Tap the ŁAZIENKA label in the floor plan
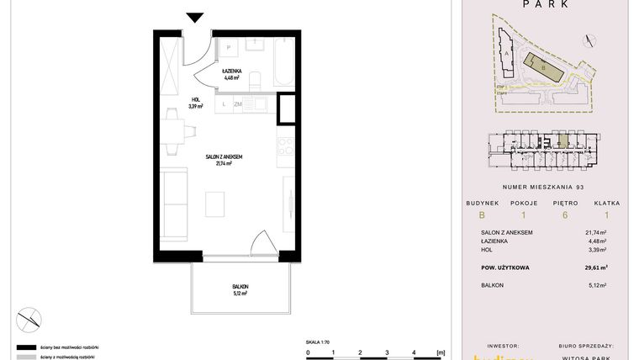[x=232, y=72]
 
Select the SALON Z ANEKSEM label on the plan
[x=224, y=157]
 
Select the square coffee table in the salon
[x=216, y=204]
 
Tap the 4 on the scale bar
[x=413, y=352]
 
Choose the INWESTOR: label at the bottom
[x=494, y=345]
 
